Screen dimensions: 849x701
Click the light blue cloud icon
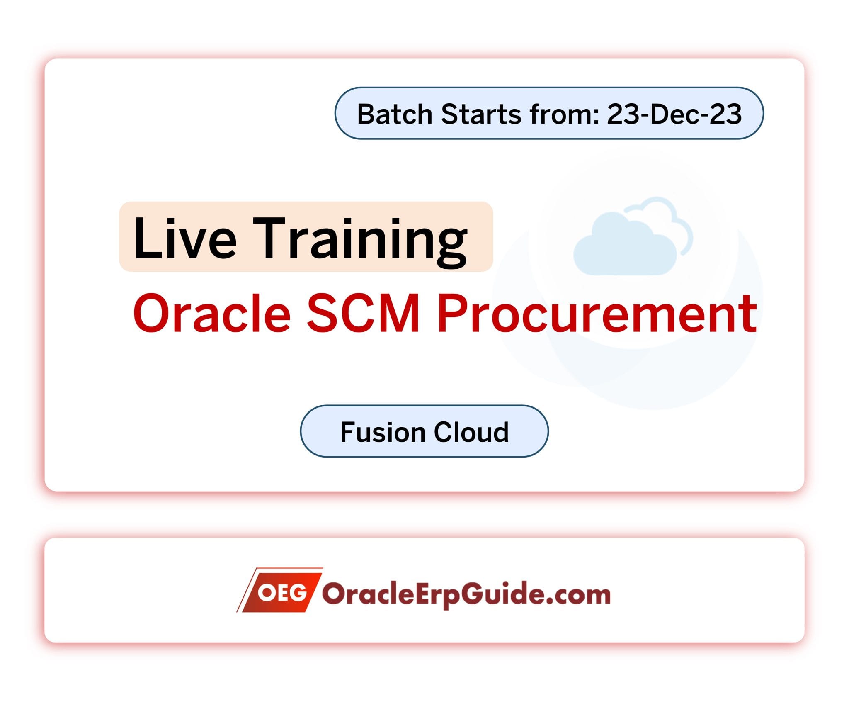[x=632, y=236]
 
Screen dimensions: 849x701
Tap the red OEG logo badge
[x=280, y=589]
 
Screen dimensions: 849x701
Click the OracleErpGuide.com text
[x=466, y=595]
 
